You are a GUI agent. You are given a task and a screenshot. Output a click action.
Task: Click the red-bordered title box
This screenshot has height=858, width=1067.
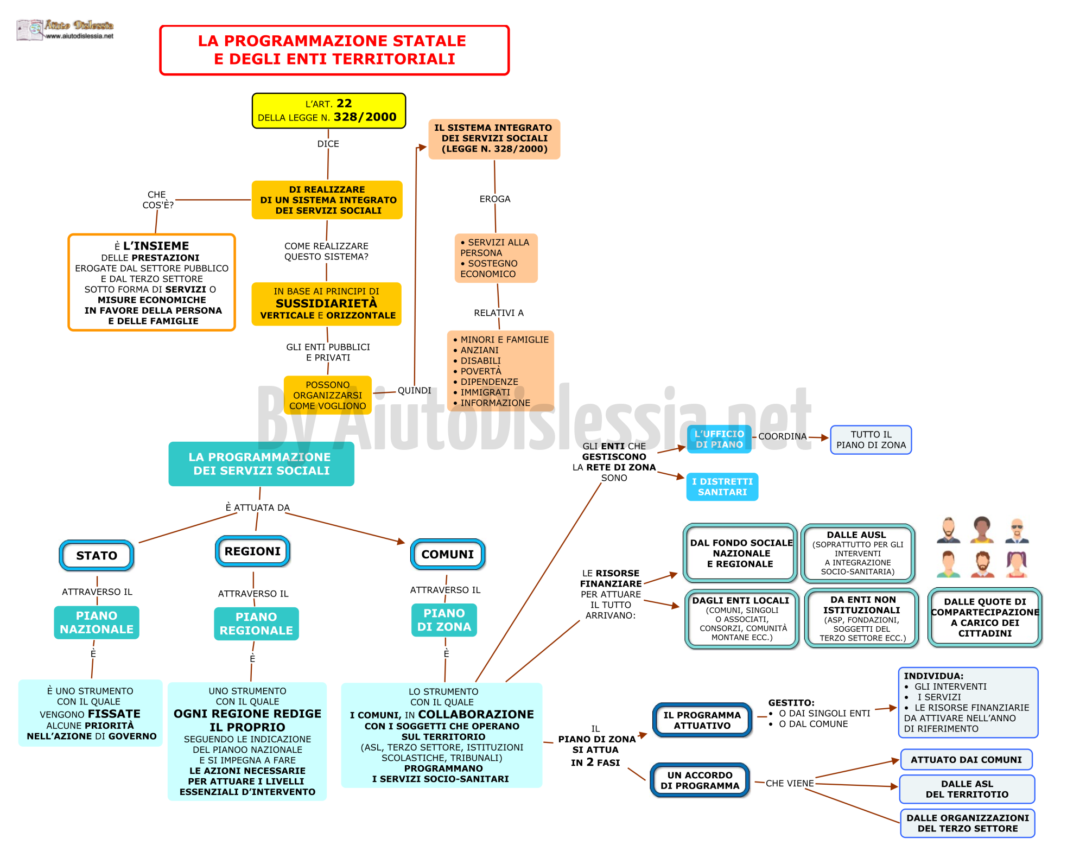(x=334, y=50)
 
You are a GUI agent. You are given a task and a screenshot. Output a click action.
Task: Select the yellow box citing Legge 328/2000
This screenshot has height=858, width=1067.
(x=329, y=111)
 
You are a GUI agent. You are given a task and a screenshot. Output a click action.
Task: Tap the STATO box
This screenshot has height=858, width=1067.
(x=97, y=555)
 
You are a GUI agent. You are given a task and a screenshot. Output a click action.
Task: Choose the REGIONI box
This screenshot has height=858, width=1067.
(x=252, y=551)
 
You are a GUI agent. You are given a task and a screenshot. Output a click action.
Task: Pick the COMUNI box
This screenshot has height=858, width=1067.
(x=448, y=554)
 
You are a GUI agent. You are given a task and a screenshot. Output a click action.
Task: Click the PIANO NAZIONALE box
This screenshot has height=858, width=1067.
(x=97, y=622)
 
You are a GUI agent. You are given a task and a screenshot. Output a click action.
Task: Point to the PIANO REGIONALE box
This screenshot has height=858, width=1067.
(x=256, y=624)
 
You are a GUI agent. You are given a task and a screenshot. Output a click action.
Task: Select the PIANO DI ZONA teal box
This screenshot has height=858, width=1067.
(x=444, y=620)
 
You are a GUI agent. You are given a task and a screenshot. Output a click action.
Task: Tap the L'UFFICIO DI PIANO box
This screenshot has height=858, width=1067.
(x=719, y=439)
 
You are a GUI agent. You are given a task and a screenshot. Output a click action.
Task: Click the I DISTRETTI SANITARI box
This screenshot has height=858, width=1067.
(x=722, y=487)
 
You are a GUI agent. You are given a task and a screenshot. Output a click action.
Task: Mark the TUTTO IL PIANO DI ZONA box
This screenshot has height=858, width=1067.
(x=871, y=440)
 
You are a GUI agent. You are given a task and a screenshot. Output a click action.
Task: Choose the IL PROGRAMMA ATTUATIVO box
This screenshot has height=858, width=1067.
(x=702, y=720)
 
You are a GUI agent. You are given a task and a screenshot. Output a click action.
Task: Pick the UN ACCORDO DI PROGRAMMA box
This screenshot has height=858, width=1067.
(x=700, y=780)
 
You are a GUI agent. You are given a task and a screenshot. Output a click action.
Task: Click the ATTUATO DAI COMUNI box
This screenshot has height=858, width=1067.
(x=966, y=760)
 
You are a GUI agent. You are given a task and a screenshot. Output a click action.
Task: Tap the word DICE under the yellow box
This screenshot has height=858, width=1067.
(x=328, y=144)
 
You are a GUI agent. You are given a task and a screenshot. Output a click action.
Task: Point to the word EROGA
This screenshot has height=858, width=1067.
(x=495, y=199)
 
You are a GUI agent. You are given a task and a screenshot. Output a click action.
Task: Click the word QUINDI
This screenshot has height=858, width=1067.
(x=415, y=391)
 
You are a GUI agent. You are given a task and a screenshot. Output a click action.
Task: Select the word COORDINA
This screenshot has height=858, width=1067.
(x=783, y=436)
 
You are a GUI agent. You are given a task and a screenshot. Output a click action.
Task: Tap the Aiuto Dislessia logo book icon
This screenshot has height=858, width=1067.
(x=30, y=30)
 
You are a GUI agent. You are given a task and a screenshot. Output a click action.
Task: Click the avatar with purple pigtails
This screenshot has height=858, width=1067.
(x=1017, y=564)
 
